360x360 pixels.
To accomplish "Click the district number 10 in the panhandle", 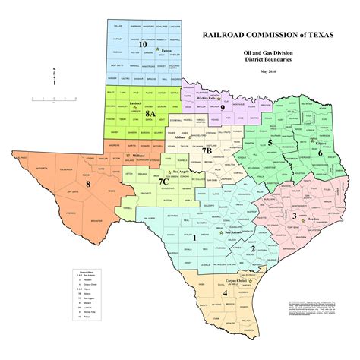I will click(144, 44).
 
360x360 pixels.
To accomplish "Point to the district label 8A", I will click(150, 113).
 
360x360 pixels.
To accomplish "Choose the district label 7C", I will click(163, 182).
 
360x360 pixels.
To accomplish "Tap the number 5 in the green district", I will click(270, 141).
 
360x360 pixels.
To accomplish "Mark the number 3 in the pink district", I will click(293, 216).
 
